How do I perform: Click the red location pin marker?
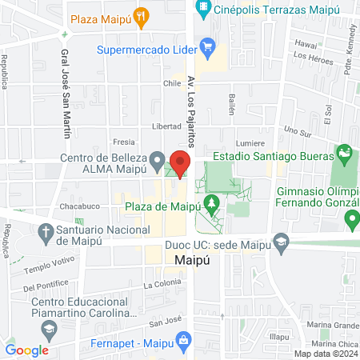[x=180, y=164]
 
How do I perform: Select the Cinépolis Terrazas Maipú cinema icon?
[x=204, y=10]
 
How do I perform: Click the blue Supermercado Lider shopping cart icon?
[x=207, y=47]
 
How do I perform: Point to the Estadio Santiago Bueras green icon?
[x=344, y=151]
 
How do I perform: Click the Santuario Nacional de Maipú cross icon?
[x=46, y=232]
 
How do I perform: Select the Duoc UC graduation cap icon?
[x=280, y=239]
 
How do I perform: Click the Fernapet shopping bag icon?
[x=184, y=339]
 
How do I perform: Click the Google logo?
[x=27, y=350]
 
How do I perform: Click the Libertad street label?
[x=166, y=126]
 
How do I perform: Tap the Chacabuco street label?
[x=78, y=206]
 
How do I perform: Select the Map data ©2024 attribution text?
[x=326, y=354]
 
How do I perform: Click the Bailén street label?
[x=231, y=102]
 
